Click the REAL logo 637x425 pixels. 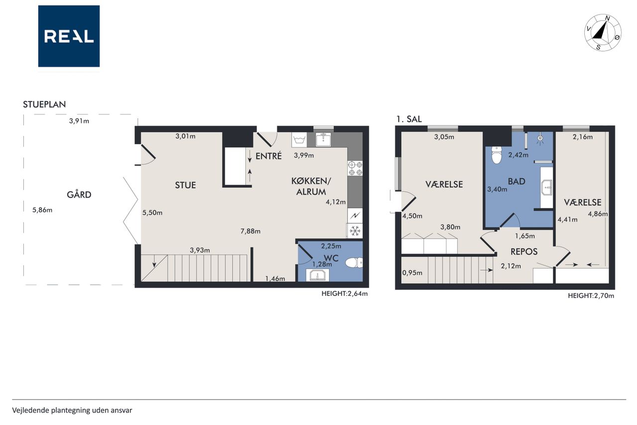69,36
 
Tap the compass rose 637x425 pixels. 603,32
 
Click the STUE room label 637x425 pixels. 186,185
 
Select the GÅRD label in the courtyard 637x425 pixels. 79,195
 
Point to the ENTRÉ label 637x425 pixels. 268,156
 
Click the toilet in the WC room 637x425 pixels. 354,263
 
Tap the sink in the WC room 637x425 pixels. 318,275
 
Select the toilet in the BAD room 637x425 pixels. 497,155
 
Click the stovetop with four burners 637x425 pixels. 355,168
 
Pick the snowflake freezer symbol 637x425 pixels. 355,231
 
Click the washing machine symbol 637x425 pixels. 299,140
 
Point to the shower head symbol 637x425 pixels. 540,139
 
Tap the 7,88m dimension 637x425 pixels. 250,231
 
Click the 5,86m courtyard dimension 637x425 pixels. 42,210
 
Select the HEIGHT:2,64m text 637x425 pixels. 344,293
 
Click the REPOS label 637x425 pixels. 524,252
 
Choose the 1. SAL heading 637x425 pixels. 409,119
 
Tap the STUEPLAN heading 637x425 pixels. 44,105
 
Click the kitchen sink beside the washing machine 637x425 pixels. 323,140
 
